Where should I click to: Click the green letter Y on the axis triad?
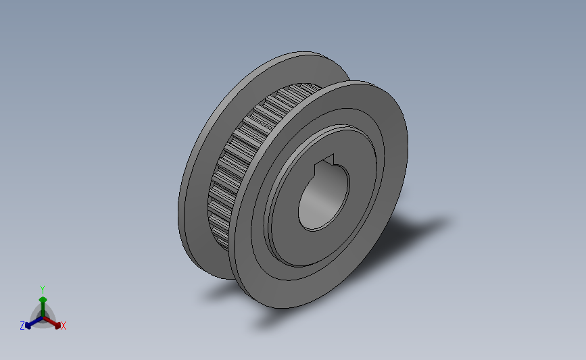point(43,290)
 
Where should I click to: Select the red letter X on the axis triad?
point(63,326)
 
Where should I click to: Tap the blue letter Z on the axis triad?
point(22,326)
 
